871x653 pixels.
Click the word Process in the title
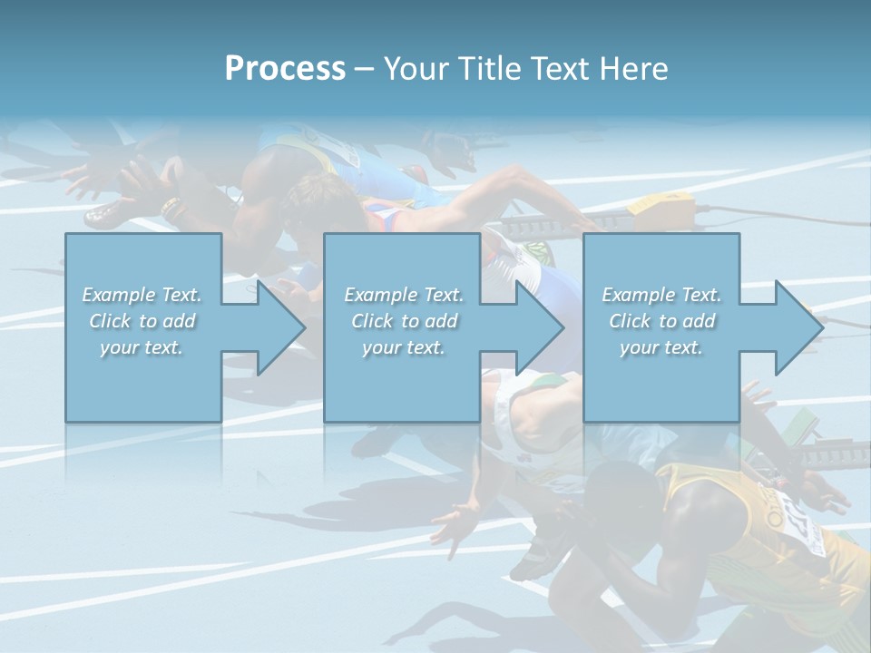click(x=285, y=69)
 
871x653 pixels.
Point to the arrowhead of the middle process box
click(x=538, y=327)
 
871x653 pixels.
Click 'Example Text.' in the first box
click(x=142, y=295)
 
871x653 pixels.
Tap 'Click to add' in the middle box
click(x=404, y=321)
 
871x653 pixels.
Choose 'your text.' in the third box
click(x=661, y=347)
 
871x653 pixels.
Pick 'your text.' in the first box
click(x=142, y=347)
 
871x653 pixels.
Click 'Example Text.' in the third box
click(x=661, y=295)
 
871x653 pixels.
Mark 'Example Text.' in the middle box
click(x=404, y=295)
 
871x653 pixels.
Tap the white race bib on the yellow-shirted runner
click(x=798, y=521)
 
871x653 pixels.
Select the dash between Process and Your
click(x=364, y=69)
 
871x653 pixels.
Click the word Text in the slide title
click(x=563, y=69)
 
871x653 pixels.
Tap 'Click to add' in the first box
click(x=142, y=321)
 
